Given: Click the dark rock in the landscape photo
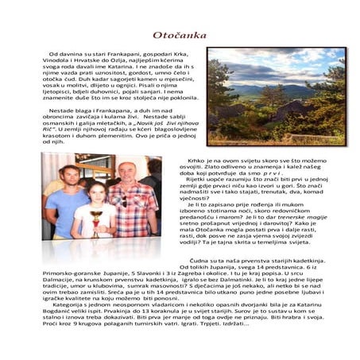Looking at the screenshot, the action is pos(238,111).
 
